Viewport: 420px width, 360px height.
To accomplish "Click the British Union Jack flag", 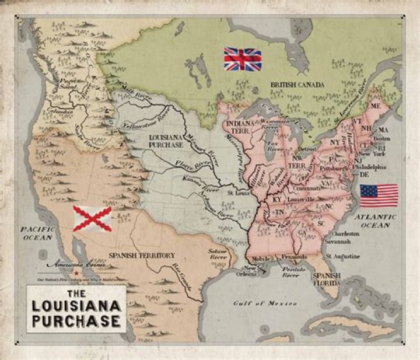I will point(243,59).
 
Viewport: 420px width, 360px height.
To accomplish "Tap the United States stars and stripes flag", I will point(379,195).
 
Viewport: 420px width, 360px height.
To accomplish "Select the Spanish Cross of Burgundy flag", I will point(92,218).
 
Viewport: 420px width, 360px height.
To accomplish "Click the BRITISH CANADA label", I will point(297,85).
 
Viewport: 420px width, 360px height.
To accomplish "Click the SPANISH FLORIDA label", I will point(326,279).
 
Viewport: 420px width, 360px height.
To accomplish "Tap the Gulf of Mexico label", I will point(265,303).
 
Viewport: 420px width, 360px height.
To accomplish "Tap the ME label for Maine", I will point(375,106).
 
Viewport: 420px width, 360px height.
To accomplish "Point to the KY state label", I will point(277,200).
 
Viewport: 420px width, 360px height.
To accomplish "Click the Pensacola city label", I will point(294,256).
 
